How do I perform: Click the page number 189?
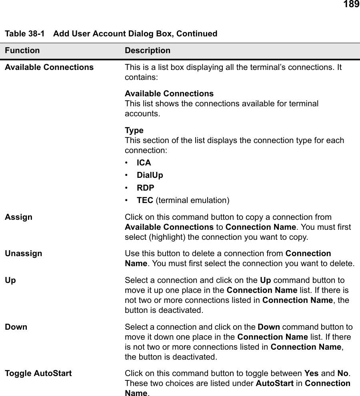tap(351, 5)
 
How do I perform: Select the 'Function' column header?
tap(22, 51)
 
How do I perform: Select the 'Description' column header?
tap(147, 51)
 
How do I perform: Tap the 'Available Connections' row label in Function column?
tap(49, 67)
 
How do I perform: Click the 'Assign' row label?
tap(18, 217)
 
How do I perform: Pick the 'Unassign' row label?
tap(23, 253)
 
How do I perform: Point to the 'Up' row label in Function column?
tap(10, 280)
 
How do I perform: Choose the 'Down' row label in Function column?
tap(16, 326)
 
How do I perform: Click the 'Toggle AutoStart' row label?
tap(38, 373)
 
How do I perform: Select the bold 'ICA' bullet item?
tap(144, 163)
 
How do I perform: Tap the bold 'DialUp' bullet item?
tap(150, 175)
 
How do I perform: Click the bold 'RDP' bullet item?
tap(145, 187)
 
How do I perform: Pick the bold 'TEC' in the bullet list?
tap(145, 200)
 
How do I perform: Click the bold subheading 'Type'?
tap(134, 130)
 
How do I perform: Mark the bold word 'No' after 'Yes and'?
tap(342, 373)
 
